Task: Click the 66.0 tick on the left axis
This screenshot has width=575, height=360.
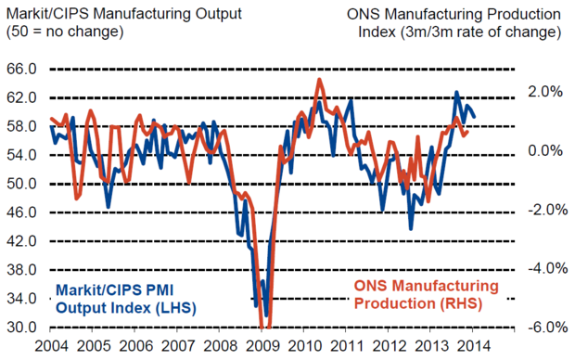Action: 21,69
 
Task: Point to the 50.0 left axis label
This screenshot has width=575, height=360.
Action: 21,184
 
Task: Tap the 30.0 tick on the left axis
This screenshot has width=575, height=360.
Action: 21,327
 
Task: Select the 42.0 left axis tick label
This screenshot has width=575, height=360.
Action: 21,241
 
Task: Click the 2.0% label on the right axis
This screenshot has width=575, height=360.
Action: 545,91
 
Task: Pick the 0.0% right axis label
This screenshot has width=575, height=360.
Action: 545,150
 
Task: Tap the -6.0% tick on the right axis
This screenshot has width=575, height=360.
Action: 548,327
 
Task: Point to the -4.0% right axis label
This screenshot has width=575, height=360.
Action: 548,268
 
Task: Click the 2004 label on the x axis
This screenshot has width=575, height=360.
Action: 51,346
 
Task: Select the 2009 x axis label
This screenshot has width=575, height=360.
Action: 262,346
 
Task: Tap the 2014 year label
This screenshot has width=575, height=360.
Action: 473,346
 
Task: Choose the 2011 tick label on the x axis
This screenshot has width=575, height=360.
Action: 347,346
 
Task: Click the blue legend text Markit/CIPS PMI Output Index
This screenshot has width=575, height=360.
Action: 126,299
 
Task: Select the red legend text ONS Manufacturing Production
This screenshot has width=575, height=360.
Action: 427,294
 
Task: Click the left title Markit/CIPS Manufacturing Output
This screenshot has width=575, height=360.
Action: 124,14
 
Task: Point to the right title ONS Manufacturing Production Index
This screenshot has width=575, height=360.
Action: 454,23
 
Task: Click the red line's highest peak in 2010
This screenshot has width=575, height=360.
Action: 319,79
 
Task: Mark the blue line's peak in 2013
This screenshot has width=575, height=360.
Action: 456,92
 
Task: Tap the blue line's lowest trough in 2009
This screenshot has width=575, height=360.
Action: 266,315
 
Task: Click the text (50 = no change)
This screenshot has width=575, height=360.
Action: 65,32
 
